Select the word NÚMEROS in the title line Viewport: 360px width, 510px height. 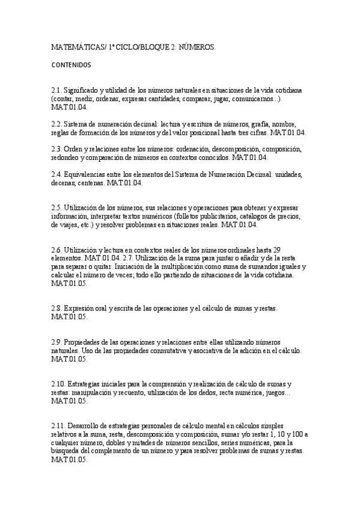[x=197, y=46]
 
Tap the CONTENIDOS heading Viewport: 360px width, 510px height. [x=72, y=64]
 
